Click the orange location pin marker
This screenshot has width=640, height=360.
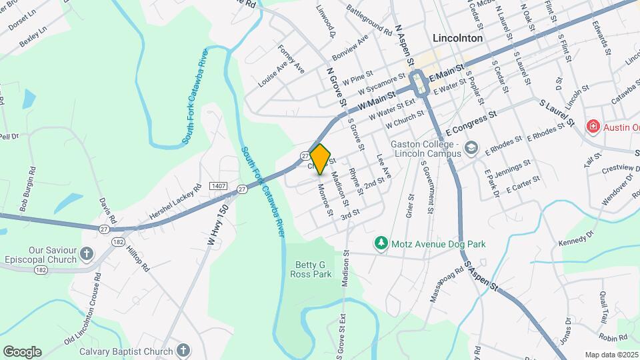tap(321, 159)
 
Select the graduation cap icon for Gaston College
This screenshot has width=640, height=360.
tap(472, 147)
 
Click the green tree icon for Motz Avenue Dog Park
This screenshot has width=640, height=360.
tap(381, 244)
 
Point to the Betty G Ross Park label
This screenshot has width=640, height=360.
tap(313, 269)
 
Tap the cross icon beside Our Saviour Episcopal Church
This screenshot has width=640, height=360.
tap(87, 253)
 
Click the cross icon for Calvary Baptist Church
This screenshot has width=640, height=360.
tap(183, 351)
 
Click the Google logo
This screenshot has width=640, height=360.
tap(22, 351)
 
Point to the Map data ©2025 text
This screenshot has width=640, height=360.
tap(611, 355)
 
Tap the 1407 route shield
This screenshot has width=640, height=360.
tap(218, 185)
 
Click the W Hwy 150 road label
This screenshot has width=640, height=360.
tap(213, 226)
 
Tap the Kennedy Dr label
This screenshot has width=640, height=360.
tap(576, 238)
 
